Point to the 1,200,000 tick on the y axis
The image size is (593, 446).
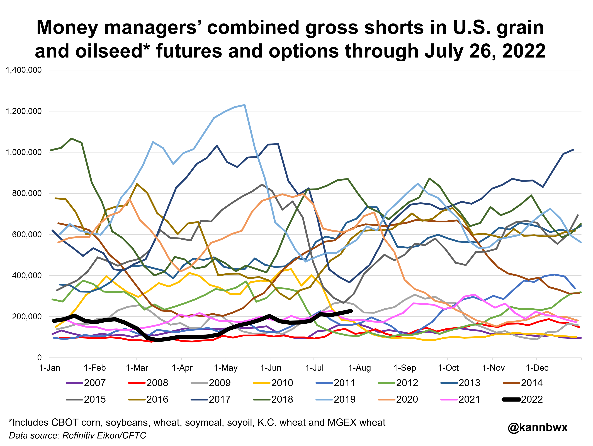click(24, 111)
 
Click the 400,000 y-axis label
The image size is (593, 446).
click(27, 275)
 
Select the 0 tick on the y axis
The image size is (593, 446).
click(39, 358)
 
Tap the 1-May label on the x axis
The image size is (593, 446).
click(226, 368)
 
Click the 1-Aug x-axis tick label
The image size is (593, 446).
click(359, 368)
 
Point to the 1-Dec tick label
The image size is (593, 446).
click(537, 368)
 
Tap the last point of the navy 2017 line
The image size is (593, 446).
click(573, 150)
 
